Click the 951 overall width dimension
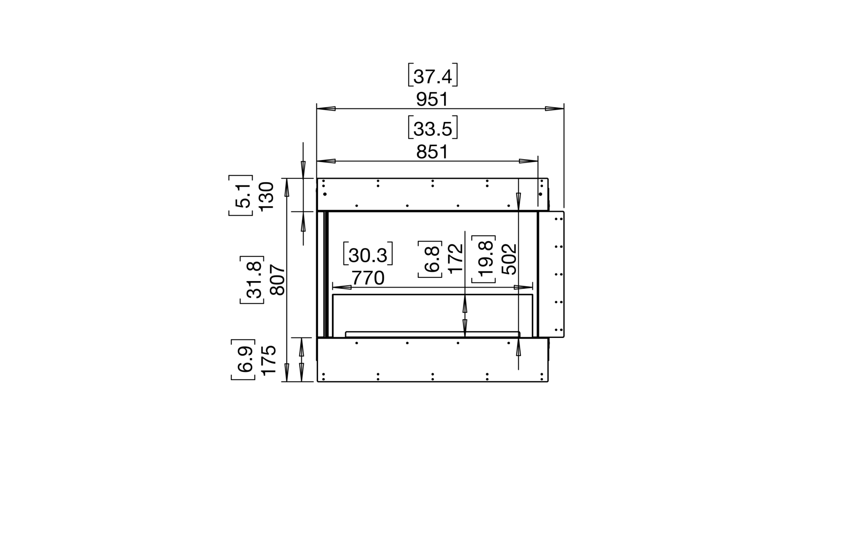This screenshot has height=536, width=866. (x=432, y=99)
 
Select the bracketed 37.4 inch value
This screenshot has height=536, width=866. (x=433, y=76)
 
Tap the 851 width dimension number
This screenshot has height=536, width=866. (x=432, y=152)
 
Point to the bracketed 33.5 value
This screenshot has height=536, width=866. (x=433, y=128)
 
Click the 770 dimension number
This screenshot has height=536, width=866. (x=368, y=278)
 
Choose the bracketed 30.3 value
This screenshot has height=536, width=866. (x=368, y=254)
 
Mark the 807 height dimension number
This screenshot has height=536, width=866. (x=278, y=279)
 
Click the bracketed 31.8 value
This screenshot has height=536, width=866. (x=252, y=280)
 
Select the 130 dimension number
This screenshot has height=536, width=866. (x=267, y=196)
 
